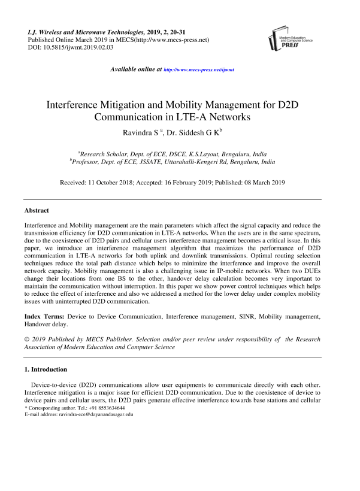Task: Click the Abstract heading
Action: point(37,211)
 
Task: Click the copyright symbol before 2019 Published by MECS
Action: point(26,339)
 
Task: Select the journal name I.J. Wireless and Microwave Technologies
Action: point(83,30)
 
